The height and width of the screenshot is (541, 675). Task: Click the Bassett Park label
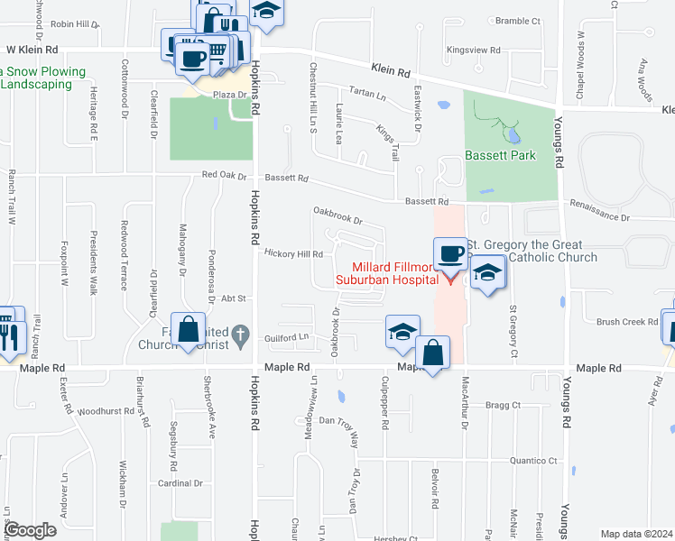tap(500, 155)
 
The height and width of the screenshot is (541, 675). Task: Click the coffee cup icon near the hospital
tap(449, 252)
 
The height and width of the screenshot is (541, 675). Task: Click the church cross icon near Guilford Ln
tap(239, 336)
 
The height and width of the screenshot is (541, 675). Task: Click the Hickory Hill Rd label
tap(294, 254)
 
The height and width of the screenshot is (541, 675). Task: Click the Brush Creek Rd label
tap(627, 321)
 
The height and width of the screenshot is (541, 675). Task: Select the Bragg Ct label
tap(504, 406)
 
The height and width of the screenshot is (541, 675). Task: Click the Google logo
tap(32, 529)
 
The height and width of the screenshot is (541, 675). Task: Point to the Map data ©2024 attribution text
tap(637, 534)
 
